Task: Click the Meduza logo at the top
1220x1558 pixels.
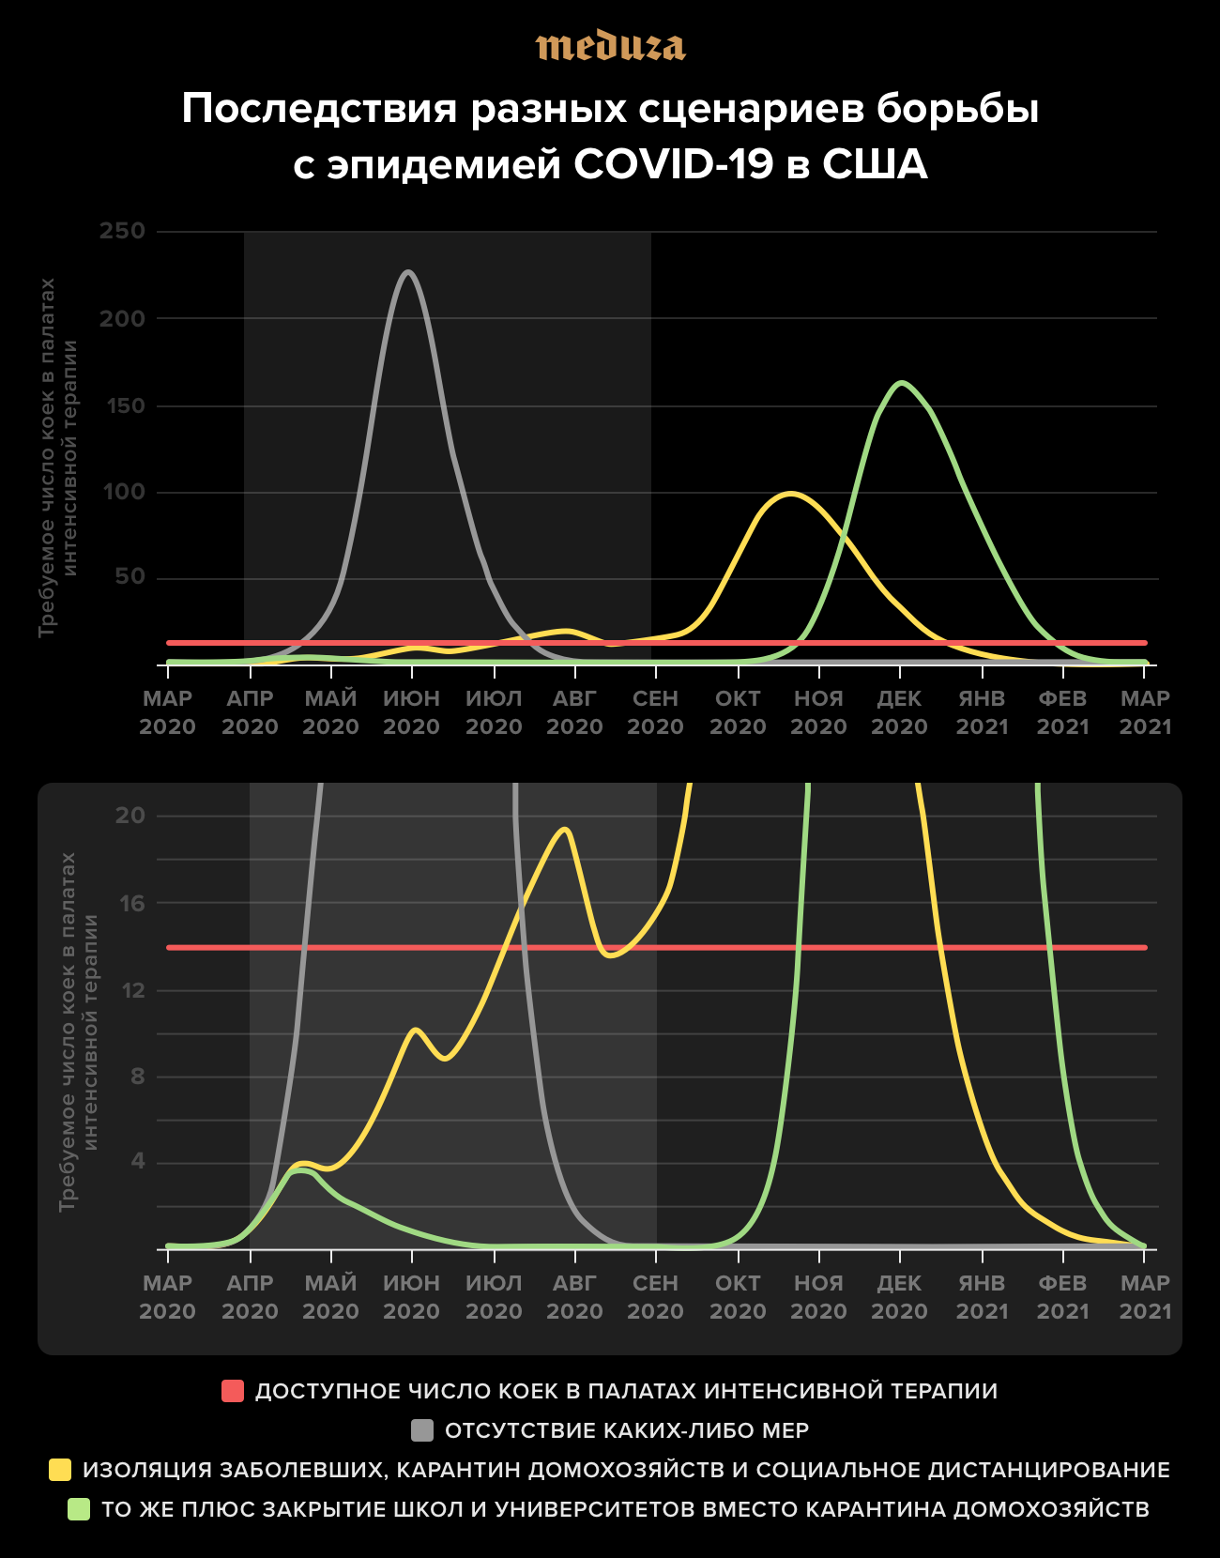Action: pyautogui.click(x=610, y=47)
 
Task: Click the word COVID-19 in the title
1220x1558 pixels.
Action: pyautogui.click(x=674, y=165)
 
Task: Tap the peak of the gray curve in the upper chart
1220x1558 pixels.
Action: pyautogui.click(x=408, y=272)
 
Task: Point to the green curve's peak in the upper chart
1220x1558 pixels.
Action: pyautogui.click(x=902, y=382)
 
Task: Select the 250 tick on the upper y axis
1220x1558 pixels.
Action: pyautogui.click(x=123, y=231)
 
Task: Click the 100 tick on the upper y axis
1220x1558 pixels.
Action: pyautogui.click(x=123, y=492)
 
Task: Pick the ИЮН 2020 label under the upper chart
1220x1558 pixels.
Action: pyautogui.click(x=411, y=712)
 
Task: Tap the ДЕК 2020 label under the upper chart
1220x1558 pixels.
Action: pyautogui.click(x=899, y=712)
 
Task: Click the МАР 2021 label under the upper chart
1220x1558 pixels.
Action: pyautogui.click(x=1145, y=712)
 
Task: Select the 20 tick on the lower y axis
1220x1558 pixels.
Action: pyautogui.click(x=130, y=816)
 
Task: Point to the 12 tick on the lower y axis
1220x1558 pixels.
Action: pyautogui.click(x=132, y=990)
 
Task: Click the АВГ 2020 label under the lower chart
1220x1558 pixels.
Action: pyautogui.click(x=574, y=1297)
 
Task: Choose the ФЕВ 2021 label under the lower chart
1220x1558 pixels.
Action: pyautogui.click(x=1062, y=1297)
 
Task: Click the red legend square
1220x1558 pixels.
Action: pyautogui.click(x=233, y=1391)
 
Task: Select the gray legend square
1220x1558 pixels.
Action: pyautogui.click(x=422, y=1430)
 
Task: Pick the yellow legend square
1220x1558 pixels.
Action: pyautogui.click(x=60, y=1470)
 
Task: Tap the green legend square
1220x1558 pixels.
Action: pyautogui.click(x=79, y=1509)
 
